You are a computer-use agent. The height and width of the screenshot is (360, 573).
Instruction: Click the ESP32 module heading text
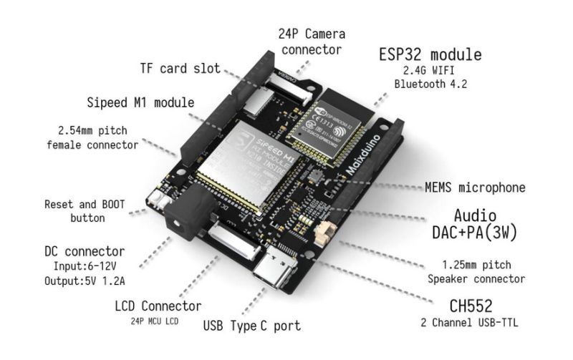430,55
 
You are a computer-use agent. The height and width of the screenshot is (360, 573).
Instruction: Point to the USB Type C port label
252,326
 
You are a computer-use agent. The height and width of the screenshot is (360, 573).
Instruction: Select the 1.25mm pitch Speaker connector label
476,273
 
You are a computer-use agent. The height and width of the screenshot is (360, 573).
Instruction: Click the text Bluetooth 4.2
430,84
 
